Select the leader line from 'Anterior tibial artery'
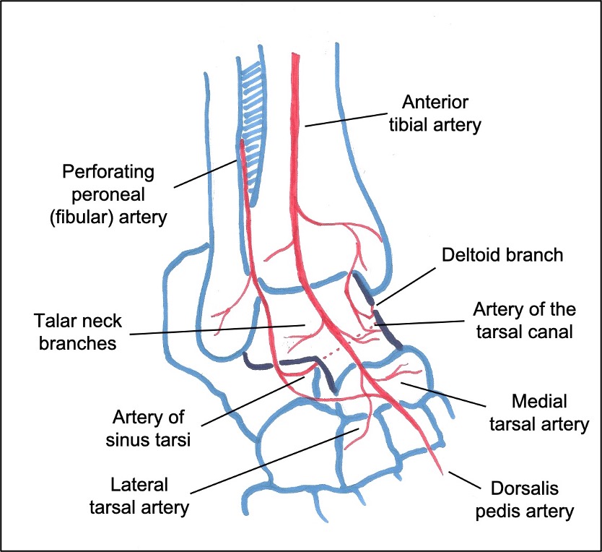[x=353, y=117]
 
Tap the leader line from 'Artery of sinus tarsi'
[x=256, y=402]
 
